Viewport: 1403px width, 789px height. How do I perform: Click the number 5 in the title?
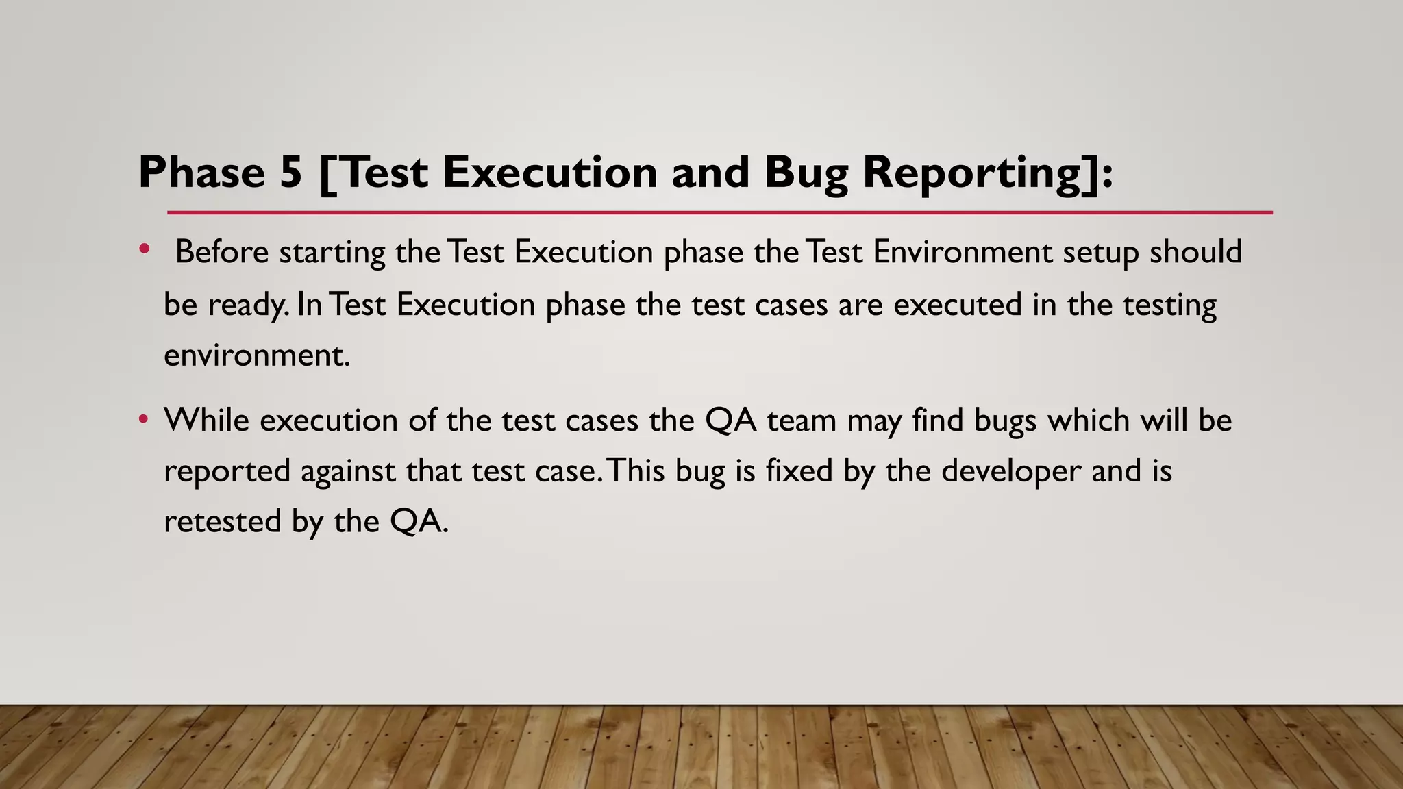[290, 172]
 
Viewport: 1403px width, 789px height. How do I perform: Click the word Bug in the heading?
[806, 172]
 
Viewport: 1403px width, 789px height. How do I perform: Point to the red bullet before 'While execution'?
[143, 418]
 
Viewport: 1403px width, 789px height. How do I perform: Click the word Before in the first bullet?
[222, 252]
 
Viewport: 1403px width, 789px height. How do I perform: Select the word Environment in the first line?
[962, 252]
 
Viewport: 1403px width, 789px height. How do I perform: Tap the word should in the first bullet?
[1195, 252]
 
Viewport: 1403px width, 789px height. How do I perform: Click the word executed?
[957, 304]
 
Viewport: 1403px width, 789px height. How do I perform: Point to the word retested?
[223, 522]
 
